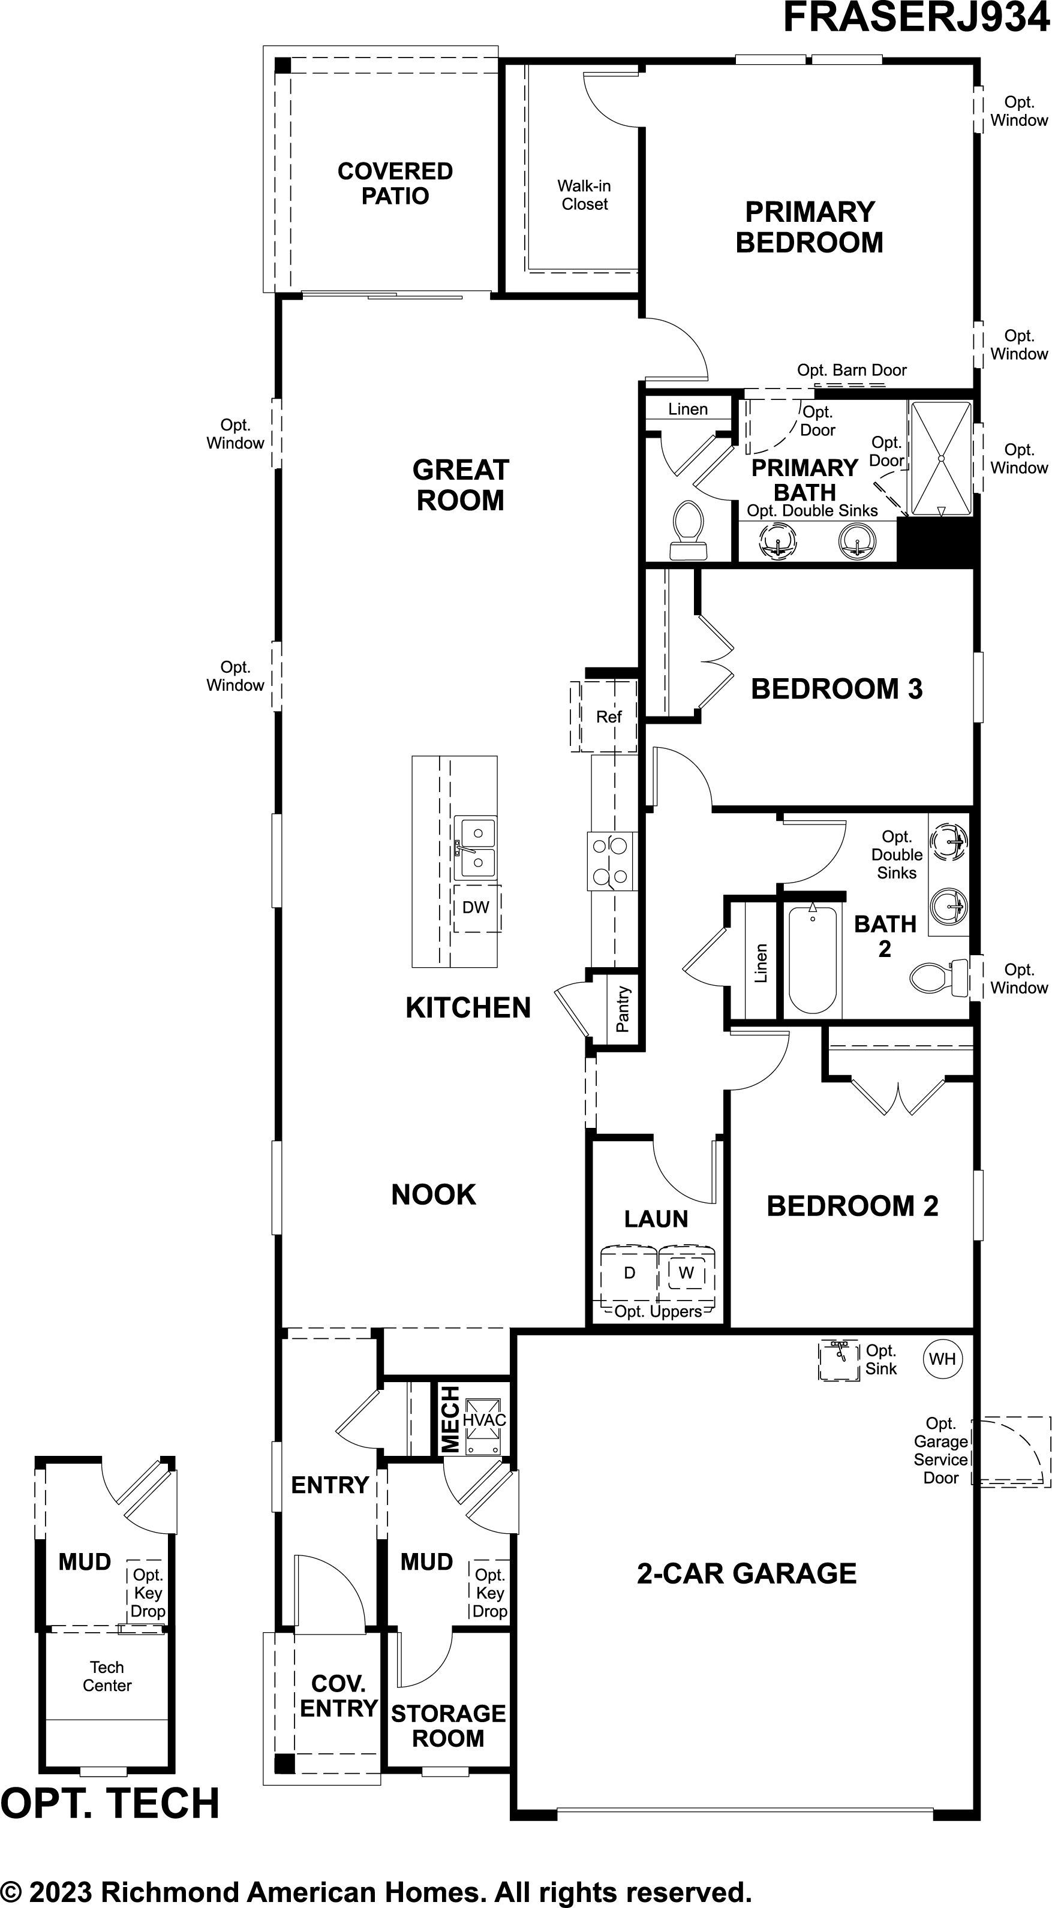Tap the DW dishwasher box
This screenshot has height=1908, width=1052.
click(x=477, y=908)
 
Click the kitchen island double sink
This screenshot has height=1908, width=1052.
click(x=476, y=848)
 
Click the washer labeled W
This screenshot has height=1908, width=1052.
click(x=687, y=1273)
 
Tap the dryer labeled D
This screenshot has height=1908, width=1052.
click(x=629, y=1273)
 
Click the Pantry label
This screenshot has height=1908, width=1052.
click(x=623, y=1009)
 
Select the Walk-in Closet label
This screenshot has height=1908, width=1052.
click(x=585, y=195)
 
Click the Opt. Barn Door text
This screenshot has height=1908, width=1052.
click(x=852, y=371)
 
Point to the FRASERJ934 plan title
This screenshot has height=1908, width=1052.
click(x=917, y=18)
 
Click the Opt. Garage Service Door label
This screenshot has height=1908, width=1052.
click(x=941, y=1450)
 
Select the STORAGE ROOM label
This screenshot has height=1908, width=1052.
click(x=448, y=1726)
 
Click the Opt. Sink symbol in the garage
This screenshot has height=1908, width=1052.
click(x=838, y=1361)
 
